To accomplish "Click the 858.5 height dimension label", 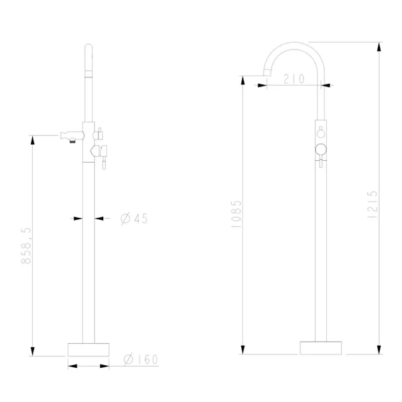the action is [26, 245].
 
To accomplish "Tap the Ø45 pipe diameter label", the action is [134, 218].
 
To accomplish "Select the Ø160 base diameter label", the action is [141, 359].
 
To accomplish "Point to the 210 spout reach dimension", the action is [294, 78].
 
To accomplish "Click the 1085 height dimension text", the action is [236, 214].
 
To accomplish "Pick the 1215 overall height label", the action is [373, 204].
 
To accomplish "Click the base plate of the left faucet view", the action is [88, 350].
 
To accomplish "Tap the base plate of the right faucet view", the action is [321, 348].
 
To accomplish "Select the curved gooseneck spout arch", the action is [295, 45].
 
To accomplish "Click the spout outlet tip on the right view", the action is [267, 72].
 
